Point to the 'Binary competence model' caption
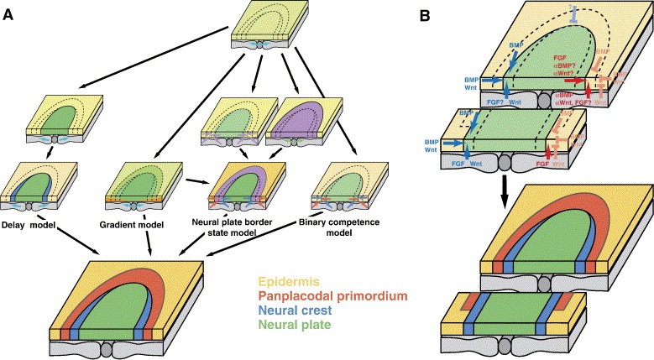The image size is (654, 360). [340, 226]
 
